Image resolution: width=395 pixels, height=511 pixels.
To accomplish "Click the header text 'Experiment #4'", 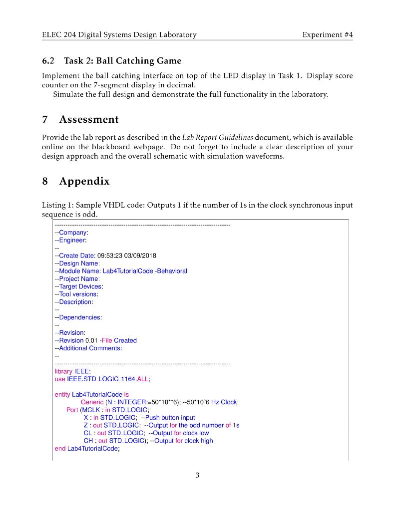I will (328, 34).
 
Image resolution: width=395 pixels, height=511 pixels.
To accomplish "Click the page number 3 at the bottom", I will (197, 475).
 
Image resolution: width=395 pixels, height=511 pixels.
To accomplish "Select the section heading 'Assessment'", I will (89, 119).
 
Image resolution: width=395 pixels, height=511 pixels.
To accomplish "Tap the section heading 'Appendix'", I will (84, 181).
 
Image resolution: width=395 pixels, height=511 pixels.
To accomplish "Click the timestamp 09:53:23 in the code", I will (110, 255).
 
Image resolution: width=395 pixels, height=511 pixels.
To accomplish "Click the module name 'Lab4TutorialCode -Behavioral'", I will (145, 271).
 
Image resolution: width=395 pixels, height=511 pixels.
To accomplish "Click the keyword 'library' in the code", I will (63, 371).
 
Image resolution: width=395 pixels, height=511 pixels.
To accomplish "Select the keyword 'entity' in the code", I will (62, 394).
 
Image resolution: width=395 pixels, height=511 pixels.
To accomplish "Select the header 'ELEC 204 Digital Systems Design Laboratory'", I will (119, 34).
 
